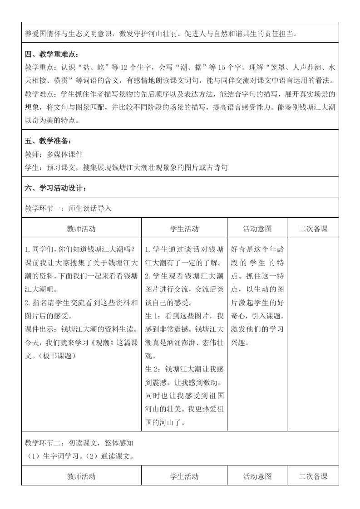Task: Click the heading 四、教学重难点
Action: pos(52,55)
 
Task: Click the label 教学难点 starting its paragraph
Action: pos(39,94)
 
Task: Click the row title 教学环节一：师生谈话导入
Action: pos(68,208)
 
